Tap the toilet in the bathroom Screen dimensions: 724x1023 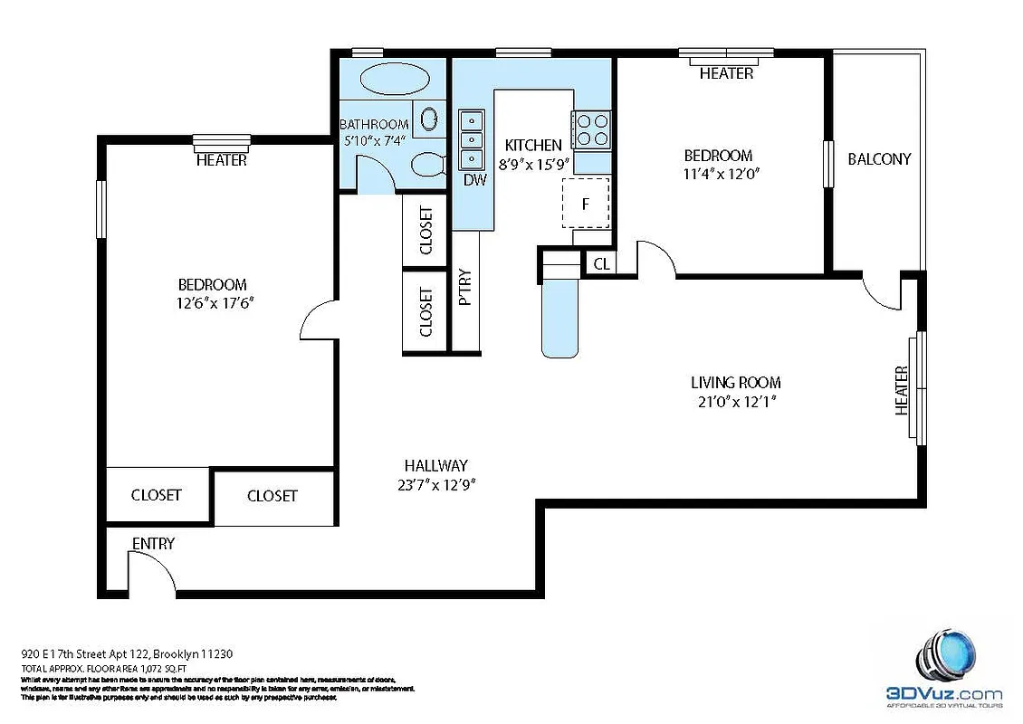coord(426,165)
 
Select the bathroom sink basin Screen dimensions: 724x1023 coord(430,119)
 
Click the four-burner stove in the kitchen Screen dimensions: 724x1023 coord(592,129)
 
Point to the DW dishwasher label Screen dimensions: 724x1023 coord(474,179)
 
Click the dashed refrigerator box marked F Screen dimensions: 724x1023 coord(586,204)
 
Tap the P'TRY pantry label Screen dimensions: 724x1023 coord(465,288)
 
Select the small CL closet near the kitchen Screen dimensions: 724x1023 coord(601,264)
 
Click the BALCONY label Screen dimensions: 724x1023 coord(879,158)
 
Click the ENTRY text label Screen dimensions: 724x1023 coord(153,543)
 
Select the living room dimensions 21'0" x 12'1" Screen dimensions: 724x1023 coord(735,400)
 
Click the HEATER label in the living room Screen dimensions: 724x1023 coord(902,390)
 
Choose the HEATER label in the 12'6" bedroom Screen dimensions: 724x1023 coord(222,160)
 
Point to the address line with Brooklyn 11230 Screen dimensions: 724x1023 coord(131,653)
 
